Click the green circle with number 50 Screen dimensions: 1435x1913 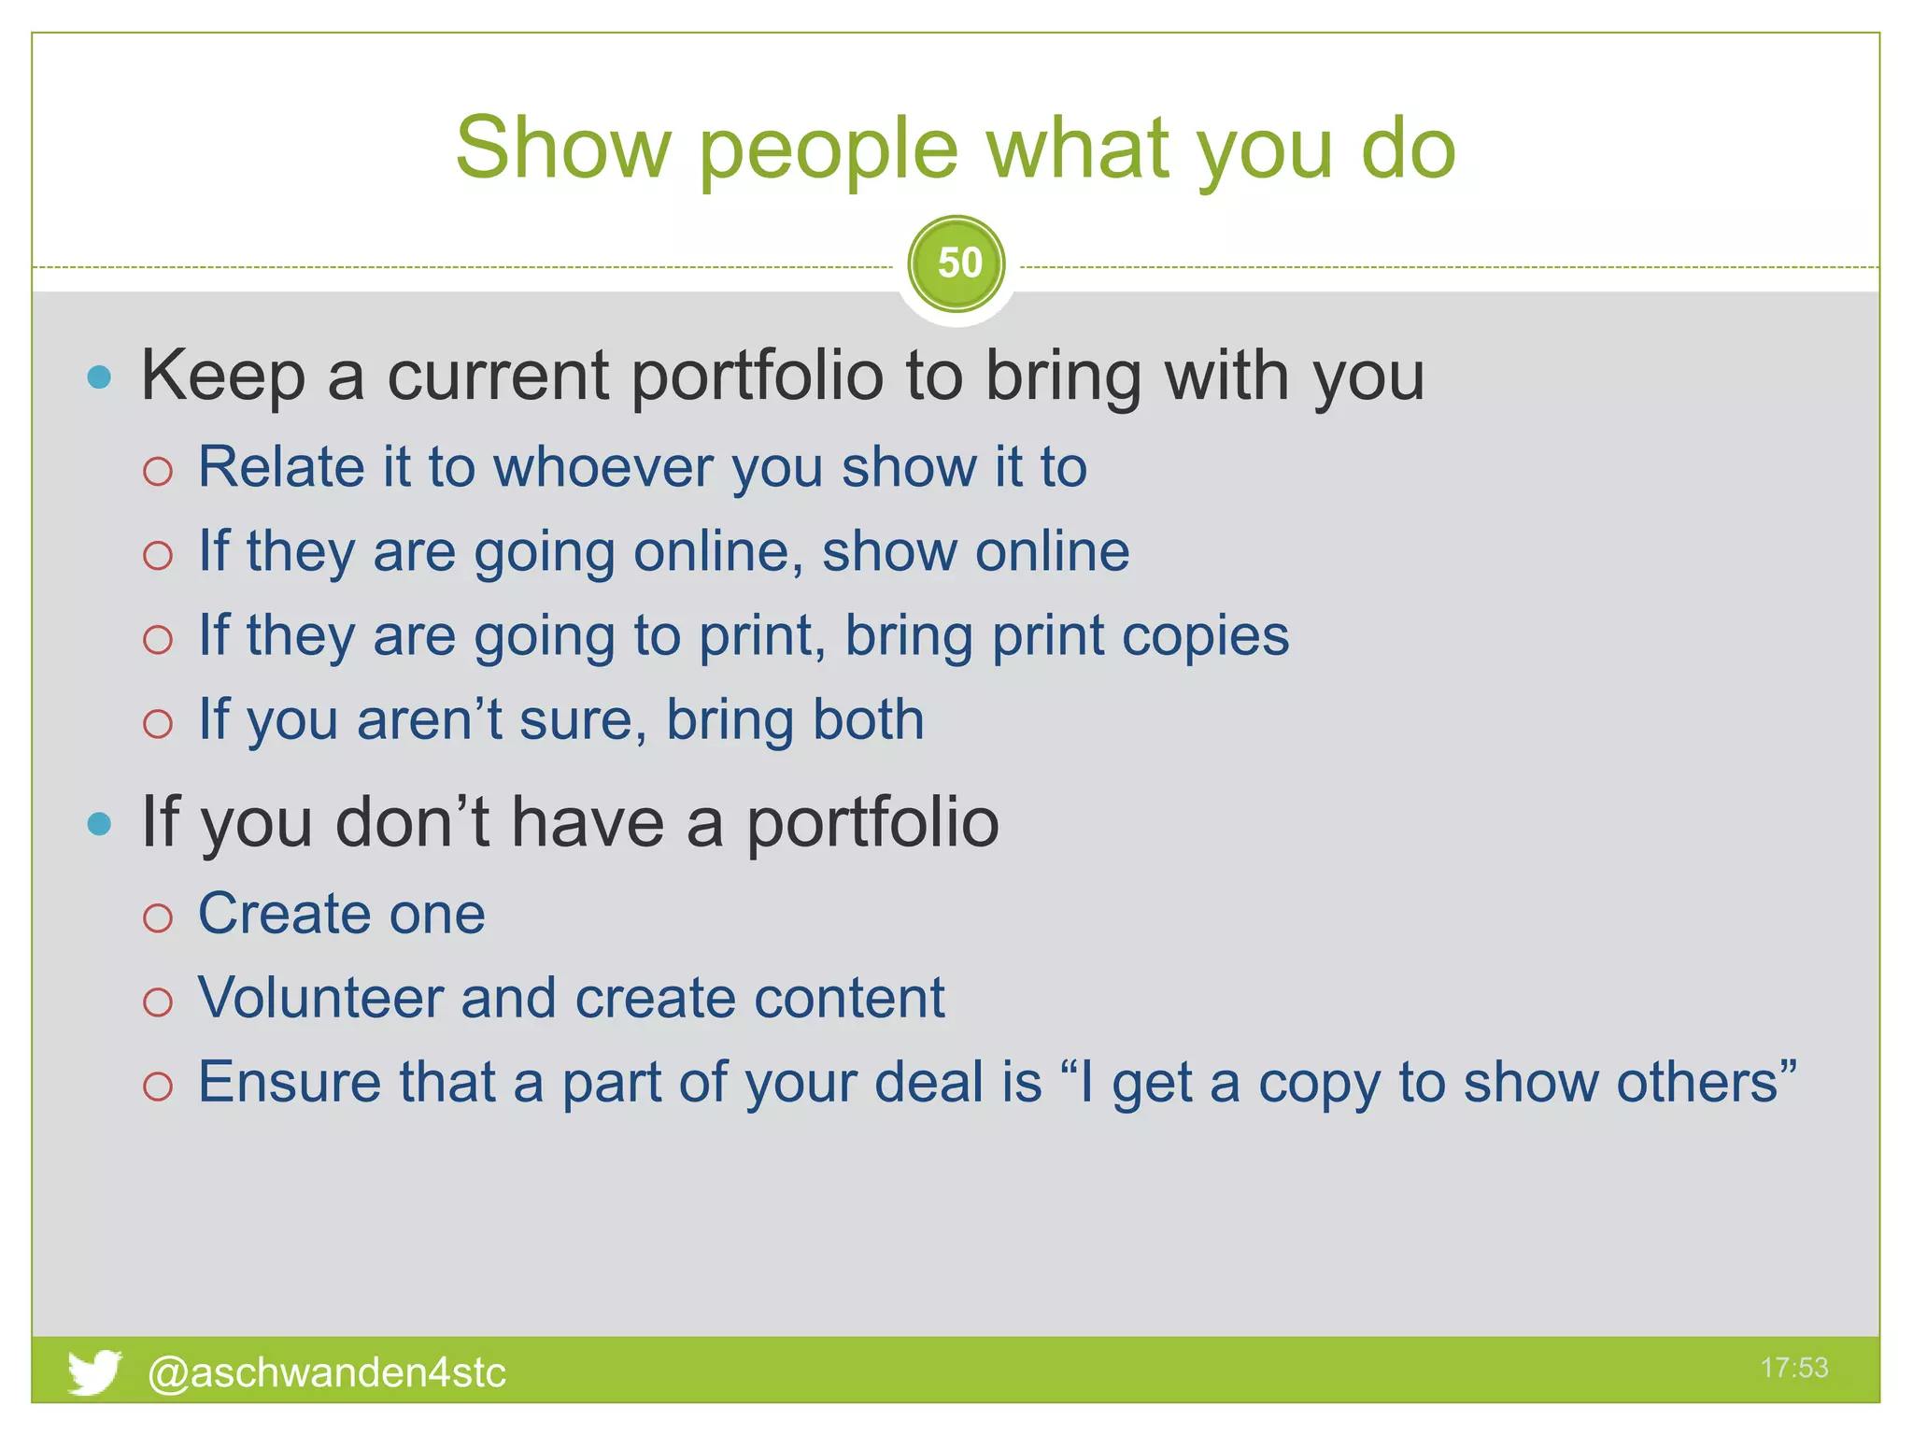[x=956, y=264]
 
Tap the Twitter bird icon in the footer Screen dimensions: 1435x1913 [x=93, y=1371]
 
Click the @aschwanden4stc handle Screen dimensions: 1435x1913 [x=327, y=1372]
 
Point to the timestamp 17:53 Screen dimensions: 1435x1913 [x=1793, y=1368]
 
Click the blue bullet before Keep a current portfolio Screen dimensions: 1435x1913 [x=99, y=377]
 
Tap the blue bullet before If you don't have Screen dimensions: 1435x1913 [x=99, y=824]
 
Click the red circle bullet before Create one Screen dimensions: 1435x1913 [x=158, y=917]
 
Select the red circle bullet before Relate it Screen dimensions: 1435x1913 [x=158, y=471]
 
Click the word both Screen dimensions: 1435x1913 [x=868, y=719]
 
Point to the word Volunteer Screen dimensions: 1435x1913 [x=320, y=997]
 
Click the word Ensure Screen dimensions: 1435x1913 [x=290, y=1082]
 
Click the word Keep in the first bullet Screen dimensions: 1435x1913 [x=223, y=376]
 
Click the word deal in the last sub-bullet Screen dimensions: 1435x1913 [x=930, y=1082]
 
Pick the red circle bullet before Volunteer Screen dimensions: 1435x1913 [x=158, y=1002]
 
